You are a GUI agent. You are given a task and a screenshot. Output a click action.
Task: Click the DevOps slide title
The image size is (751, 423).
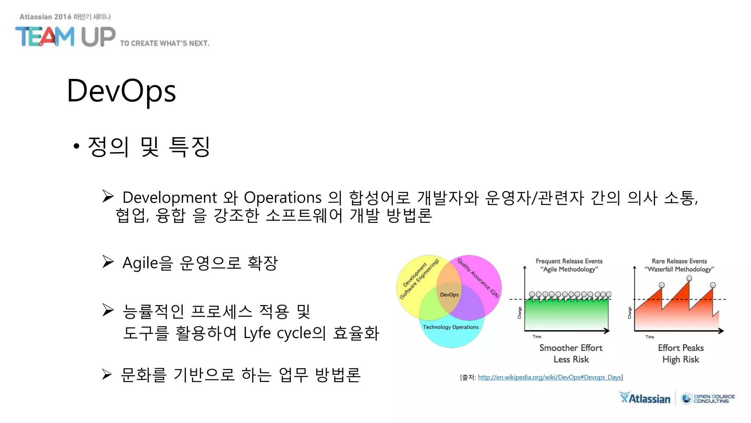[x=121, y=91]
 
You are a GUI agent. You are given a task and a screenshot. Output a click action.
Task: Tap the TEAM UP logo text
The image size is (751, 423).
[x=65, y=37]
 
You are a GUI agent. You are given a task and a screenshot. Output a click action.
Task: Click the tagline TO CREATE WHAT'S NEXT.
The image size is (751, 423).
[x=165, y=43]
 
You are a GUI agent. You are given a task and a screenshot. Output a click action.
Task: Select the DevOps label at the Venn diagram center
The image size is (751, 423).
[x=449, y=294]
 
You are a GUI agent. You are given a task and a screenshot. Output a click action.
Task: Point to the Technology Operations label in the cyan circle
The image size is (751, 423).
[x=451, y=327]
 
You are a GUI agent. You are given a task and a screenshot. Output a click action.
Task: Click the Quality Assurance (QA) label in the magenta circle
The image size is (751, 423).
[x=478, y=278]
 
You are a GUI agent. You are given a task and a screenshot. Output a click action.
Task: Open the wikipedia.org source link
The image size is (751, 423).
[x=549, y=377]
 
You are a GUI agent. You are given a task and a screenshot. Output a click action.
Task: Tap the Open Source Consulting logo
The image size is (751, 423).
[x=708, y=398]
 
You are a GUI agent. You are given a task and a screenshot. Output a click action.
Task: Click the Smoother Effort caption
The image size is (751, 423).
[x=571, y=348]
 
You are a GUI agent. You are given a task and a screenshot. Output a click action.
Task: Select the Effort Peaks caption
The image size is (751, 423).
[x=681, y=348]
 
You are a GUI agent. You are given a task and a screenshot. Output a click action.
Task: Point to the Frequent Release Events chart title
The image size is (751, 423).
[x=569, y=261]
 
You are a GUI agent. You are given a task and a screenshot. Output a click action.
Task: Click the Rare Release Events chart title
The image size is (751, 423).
[x=679, y=261]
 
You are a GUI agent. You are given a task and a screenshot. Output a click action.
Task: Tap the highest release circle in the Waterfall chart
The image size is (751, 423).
[x=689, y=278]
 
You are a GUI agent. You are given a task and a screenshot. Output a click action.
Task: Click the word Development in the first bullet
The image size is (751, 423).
[x=170, y=198]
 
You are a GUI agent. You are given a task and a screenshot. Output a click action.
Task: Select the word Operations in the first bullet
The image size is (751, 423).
[x=283, y=198]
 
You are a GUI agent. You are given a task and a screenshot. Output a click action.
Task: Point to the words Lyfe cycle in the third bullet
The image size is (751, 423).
[x=279, y=333]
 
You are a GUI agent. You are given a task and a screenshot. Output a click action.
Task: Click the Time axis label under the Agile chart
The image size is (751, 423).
[x=537, y=336]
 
